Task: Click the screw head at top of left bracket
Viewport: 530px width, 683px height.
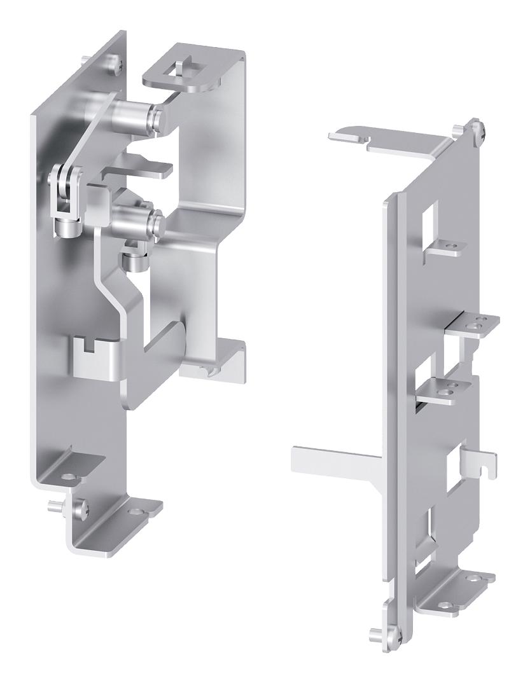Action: (112, 62)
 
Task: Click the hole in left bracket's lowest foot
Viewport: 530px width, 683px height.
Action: (134, 511)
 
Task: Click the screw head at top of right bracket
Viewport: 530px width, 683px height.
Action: (476, 131)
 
